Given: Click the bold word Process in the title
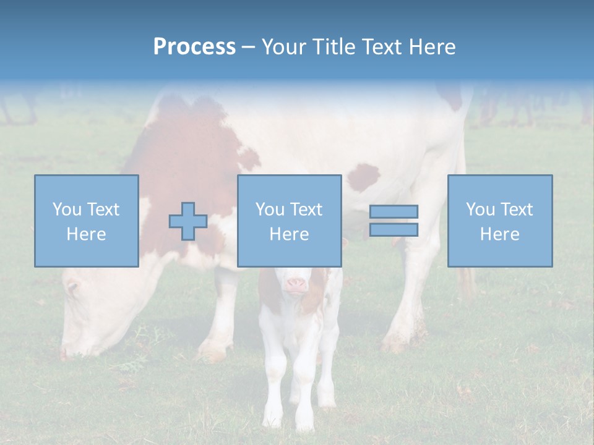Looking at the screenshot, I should pos(194,47).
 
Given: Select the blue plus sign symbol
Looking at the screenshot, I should pos(188,221).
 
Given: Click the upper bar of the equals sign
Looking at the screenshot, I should pos(394,211).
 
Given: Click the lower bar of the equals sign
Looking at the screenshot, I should pos(394,230).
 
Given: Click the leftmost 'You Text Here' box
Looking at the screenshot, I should pos(87,221).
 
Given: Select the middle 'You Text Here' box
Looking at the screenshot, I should pos(289,221).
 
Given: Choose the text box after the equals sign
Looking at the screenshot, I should pos(500,221).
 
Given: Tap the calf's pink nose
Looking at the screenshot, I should pos(296,285).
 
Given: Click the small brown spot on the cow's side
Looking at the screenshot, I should pos(364,177).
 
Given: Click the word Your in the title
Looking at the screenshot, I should pos(285,47).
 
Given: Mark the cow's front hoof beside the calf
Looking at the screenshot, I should pos(212,353).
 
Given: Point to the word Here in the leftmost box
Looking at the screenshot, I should pos(87,234).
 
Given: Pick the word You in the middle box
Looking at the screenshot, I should pos(269,210).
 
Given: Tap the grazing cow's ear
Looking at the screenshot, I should pos(72,286).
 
